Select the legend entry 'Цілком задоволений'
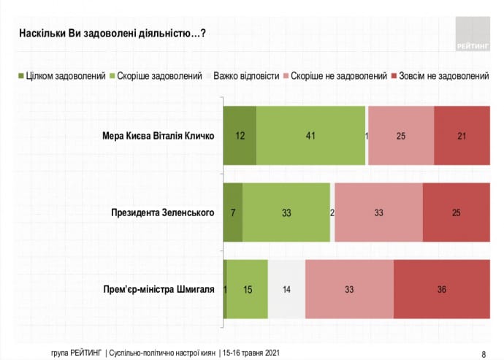tap(62, 76)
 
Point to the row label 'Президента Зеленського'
tap(163, 213)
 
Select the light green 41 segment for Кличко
tap(310, 136)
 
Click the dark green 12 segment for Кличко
tap(240, 136)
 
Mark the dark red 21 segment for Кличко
tap(462, 136)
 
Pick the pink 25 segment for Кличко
tap(401, 136)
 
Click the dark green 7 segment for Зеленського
tap(232, 213)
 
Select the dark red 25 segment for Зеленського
tap(456, 213)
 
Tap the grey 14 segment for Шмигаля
tap(286, 289)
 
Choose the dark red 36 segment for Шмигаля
tap(441, 289)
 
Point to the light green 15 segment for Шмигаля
tap(248, 289)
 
